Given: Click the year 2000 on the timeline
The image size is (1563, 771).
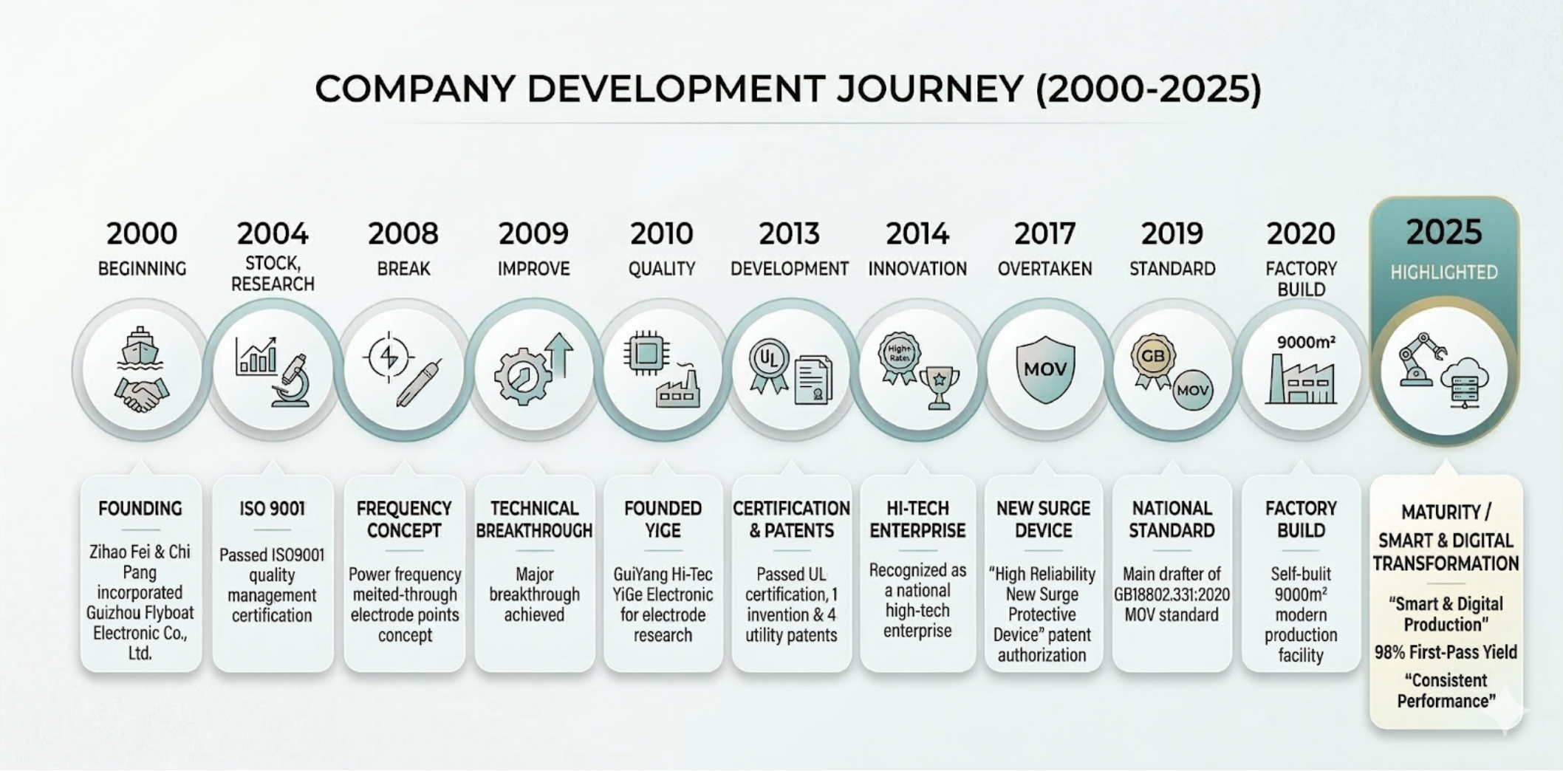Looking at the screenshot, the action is coord(142,233).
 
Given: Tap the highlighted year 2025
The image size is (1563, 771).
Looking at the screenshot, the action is coord(1444,232).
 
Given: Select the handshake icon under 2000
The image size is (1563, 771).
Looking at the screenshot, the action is coord(141,395).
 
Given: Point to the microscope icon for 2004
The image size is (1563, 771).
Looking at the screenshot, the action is coord(293,381).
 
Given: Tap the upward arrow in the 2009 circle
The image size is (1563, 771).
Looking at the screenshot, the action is coord(559,354).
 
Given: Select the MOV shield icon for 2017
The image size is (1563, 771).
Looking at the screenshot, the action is coord(1045,369).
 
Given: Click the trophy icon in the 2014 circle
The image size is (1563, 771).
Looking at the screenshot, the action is coord(939,388).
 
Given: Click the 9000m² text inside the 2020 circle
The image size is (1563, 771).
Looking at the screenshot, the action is coord(1306,342).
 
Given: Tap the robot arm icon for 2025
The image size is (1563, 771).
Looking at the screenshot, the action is coord(1420,359).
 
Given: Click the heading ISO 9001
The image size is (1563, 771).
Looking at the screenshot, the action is coord(272,509).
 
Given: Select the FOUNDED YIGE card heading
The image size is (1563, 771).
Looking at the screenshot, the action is coord(663,519).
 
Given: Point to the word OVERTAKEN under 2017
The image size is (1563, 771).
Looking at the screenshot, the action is coord(1044,269).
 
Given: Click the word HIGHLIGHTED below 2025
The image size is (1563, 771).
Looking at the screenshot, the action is coord(1444,273).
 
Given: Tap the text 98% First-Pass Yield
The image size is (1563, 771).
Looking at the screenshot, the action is coord(1446,652).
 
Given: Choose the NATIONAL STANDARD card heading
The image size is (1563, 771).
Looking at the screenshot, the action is coord(1172,519).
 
